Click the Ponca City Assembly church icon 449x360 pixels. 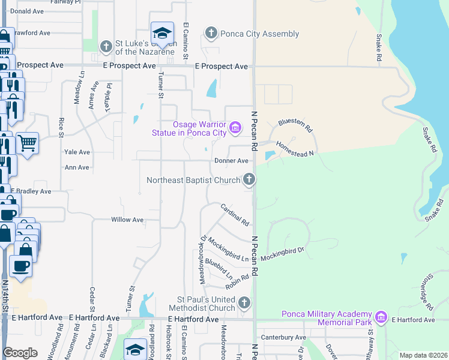click(x=211, y=33)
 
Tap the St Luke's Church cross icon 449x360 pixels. click(x=106, y=46)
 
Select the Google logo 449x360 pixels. click(x=20, y=353)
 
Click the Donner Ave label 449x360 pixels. click(x=231, y=161)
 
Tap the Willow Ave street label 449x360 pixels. click(x=127, y=220)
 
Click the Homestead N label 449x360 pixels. click(x=295, y=149)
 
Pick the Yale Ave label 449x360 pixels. click(x=77, y=152)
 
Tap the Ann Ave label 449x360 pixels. click(x=77, y=168)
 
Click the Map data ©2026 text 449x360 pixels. click(x=423, y=355)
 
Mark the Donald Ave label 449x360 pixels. click(x=27, y=11)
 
